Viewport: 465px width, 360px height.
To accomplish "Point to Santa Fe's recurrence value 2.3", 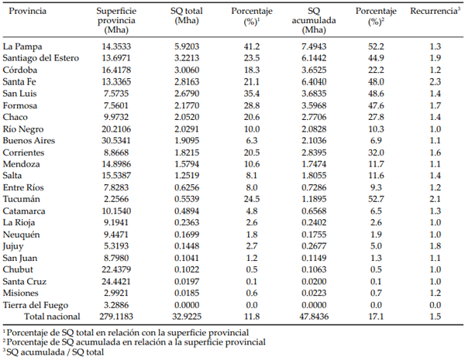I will pyautogui.click(x=435, y=81).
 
